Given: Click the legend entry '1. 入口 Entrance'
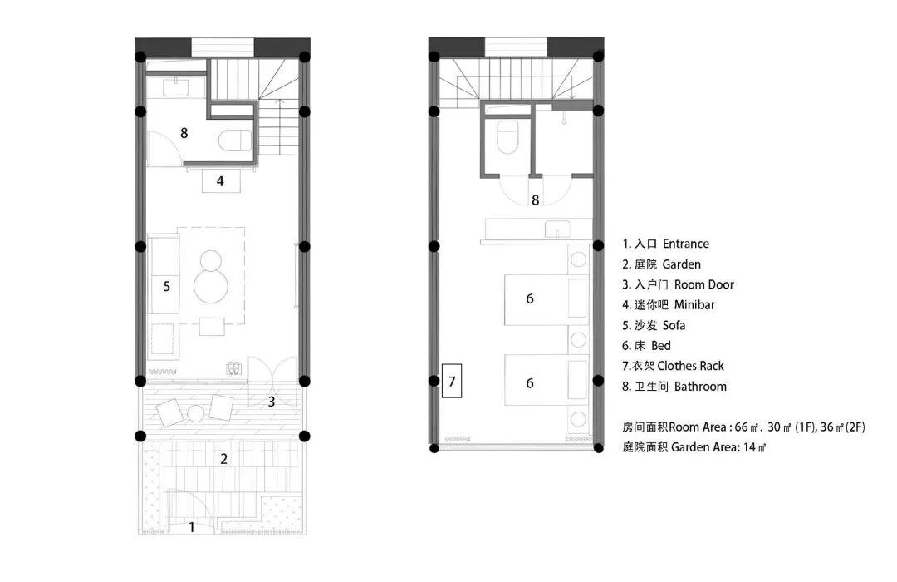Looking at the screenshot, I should tap(665, 244).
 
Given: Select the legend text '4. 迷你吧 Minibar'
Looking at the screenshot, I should tap(668, 304).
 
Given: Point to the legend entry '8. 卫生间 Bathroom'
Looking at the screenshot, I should tap(674, 386).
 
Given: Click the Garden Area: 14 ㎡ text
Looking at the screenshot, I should tap(694, 446).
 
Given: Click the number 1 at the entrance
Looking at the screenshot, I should tap(192, 526).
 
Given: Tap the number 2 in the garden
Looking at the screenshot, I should tap(223, 457).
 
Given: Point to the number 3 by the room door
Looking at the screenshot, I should tap(272, 402).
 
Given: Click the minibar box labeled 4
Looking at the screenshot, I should tap(221, 180).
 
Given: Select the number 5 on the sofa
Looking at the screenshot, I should tap(167, 285).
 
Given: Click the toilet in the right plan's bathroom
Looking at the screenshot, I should tap(505, 136).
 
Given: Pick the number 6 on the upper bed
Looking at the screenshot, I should tap(530, 298).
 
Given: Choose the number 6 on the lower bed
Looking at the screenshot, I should tap(530, 382).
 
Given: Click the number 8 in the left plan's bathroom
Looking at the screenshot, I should tap(184, 131).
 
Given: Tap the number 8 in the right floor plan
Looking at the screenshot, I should tap(536, 200).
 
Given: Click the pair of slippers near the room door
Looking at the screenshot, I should tap(233, 366).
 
